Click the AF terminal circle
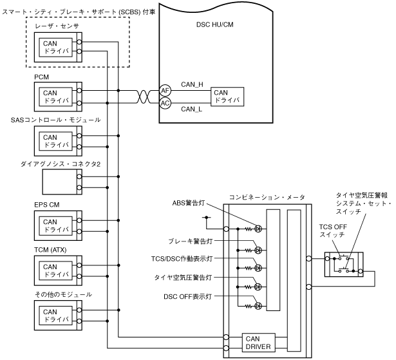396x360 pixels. [x=165, y=91]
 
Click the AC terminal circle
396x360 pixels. [x=165, y=103]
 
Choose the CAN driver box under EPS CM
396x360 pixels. [x=55, y=225]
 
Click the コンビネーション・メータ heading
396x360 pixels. [x=266, y=196]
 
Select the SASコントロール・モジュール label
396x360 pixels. [x=55, y=120]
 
